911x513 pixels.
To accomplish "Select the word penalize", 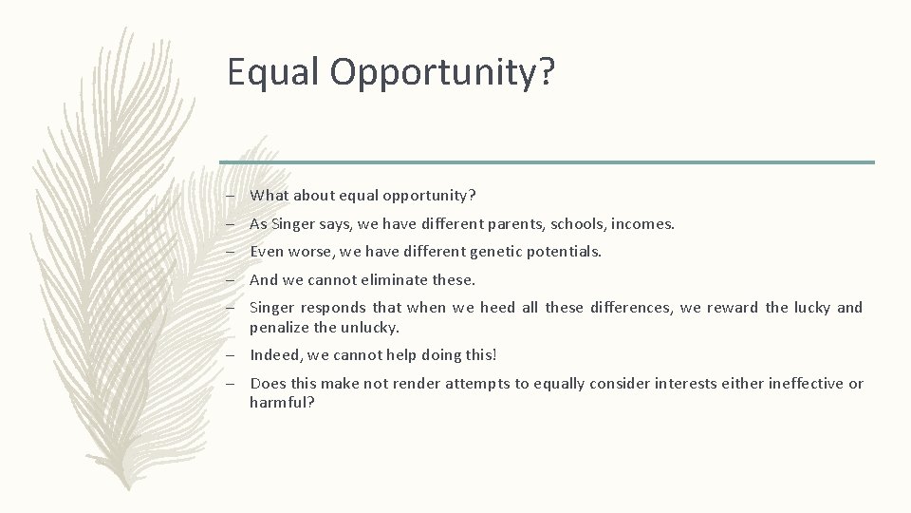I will (280, 327).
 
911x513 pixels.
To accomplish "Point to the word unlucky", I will (374, 327).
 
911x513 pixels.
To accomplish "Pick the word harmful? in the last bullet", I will (282, 403).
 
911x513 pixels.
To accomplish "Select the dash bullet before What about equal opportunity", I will (231, 197).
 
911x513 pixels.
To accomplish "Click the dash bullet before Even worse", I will (231, 253).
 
